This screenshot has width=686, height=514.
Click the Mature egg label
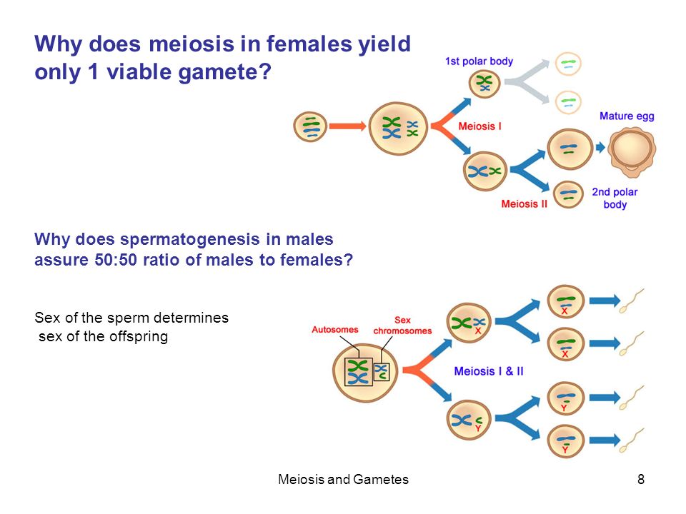coord(627,116)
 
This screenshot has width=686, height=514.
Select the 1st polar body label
coord(479,61)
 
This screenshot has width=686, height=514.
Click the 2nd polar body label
coord(615,198)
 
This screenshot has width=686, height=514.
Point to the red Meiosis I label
coord(480,126)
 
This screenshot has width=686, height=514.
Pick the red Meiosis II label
coord(524,203)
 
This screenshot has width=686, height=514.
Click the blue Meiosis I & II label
coord(489,371)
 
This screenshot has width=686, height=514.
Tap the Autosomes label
coord(335,330)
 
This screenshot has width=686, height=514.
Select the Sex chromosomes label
coord(402,326)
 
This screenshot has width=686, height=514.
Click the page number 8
coord(641,480)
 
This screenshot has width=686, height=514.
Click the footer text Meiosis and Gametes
coord(344,480)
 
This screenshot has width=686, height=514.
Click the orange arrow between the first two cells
coord(347,126)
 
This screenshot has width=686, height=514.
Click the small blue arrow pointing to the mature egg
coord(600,148)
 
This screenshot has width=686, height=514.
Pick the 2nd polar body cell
coord(568,194)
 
